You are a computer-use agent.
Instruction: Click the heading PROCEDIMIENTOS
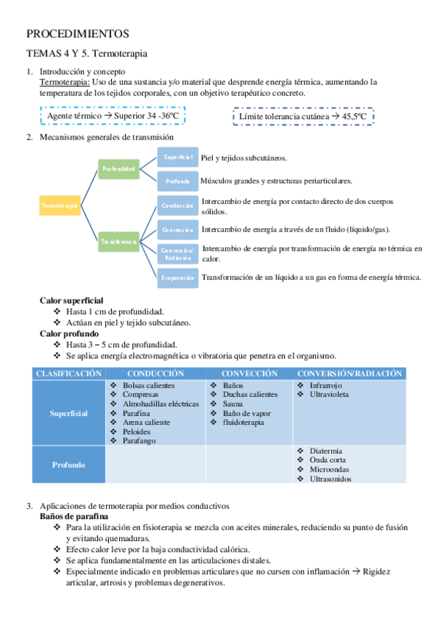pos(78,34)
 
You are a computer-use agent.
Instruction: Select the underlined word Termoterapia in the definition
pos(64,82)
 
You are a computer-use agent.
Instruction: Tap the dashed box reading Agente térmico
pos(113,116)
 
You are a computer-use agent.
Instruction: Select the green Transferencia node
pos(118,241)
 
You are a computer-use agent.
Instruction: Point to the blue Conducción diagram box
pos(178,206)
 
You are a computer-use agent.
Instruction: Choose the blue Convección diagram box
pos(178,230)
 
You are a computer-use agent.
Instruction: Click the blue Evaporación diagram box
pos(178,278)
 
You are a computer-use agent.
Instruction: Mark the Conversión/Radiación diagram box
pos(178,254)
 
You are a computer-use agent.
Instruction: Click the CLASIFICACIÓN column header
pos(69,374)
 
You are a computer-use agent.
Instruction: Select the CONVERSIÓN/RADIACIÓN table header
pos(350,374)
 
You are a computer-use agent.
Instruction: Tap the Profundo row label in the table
pos(69,464)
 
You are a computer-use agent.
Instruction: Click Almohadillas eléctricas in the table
pos(160,404)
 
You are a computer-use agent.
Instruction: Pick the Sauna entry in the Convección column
pos(233,404)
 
